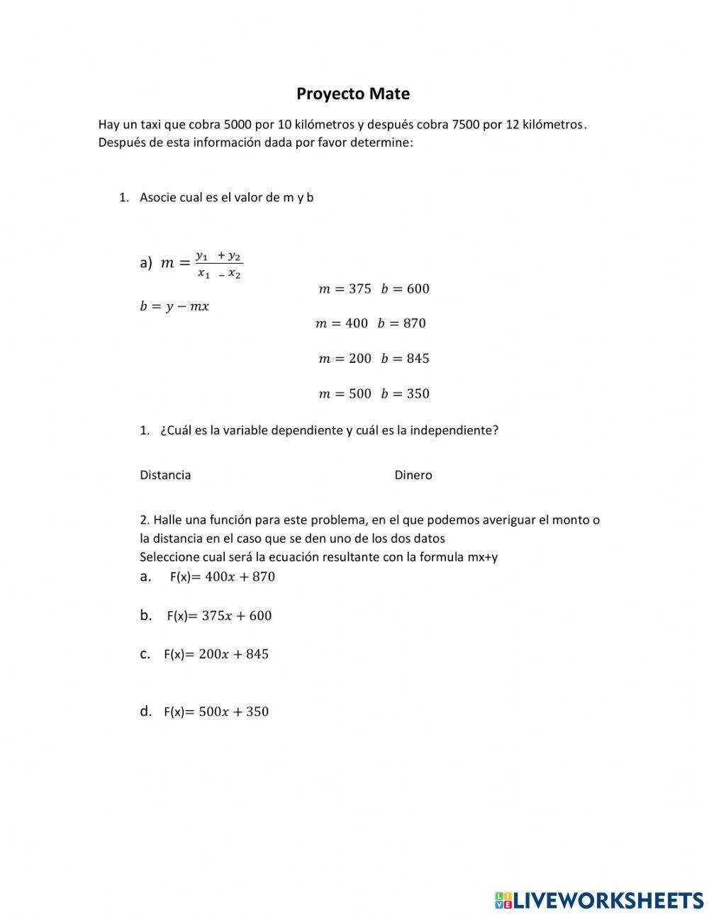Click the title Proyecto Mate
(353, 94)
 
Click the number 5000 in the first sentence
(237, 125)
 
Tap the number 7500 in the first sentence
(465, 125)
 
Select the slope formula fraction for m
(218, 264)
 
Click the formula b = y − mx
(174, 306)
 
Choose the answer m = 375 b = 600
(374, 288)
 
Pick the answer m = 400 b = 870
(371, 323)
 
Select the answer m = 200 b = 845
(374, 359)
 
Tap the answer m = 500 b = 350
(374, 393)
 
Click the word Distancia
(165, 475)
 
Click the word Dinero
(413, 475)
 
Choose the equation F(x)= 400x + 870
(222, 577)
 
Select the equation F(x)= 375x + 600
(219, 616)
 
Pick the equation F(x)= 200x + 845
(216, 654)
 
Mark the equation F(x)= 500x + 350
(216, 712)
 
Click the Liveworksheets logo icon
(503, 900)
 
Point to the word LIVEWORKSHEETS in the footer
(608, 900)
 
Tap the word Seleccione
(169, 557)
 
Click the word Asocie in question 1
(157, 198)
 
